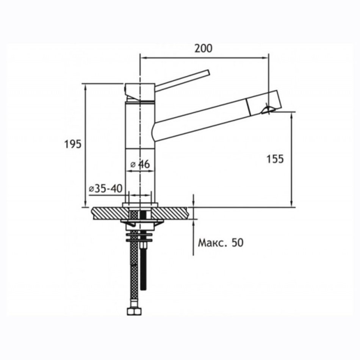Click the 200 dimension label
203,49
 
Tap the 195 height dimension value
73,144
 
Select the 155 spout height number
275,159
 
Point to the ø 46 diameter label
140,164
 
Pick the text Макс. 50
221,243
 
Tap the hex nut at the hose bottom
134,311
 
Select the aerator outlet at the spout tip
267,110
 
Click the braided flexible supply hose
134,271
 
